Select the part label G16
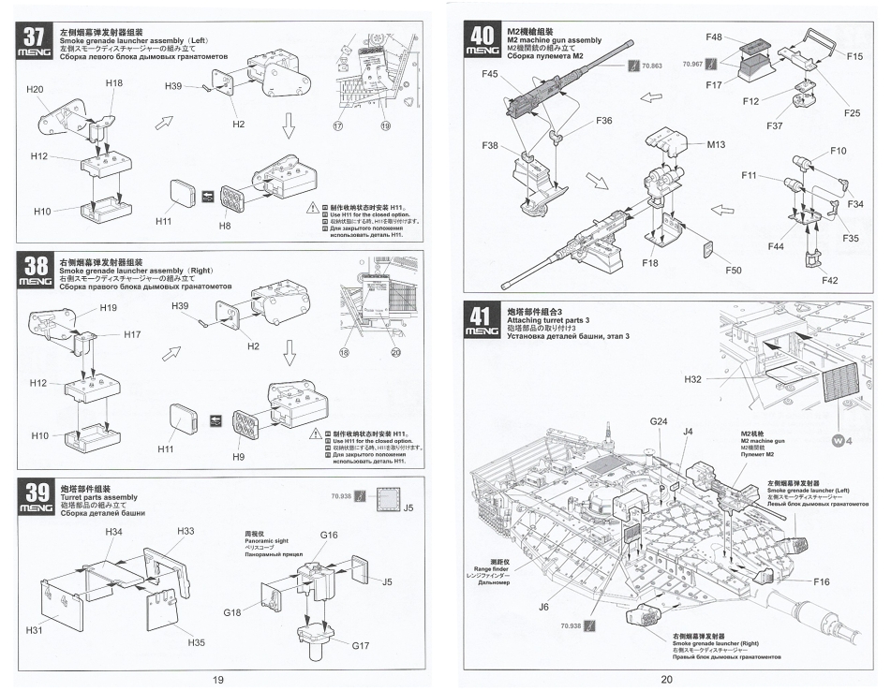pos(329,535)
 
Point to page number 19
pos(217,680)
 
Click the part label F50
pos(733,271)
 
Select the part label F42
pos(830,280)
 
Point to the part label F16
pos(821,581)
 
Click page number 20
pos(666,680)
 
